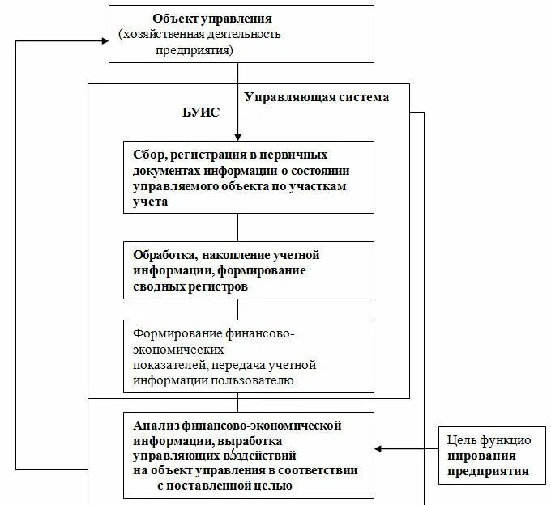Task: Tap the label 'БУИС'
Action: (x=200, y=112)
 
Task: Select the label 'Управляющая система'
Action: (x=316, y=97)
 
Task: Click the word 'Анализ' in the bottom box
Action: (x=153, y=425)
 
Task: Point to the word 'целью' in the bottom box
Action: (x=271, y=486)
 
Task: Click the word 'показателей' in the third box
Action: (x=166, y=365)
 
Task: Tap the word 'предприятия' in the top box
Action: (x=194, y=49)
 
